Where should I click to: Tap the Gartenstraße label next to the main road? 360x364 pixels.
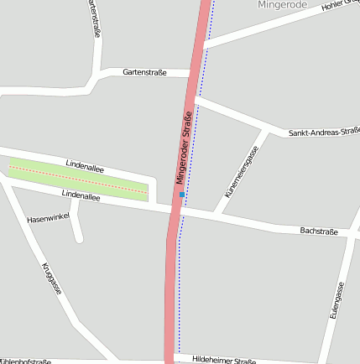point(144,73)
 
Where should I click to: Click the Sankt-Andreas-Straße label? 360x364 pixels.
point(324,132)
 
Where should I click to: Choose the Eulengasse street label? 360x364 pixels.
point(337,303)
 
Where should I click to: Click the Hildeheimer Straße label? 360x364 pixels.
point(223,360)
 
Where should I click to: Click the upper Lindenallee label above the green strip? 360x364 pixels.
point(84,168)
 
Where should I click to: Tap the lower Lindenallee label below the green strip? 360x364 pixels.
point(81,198)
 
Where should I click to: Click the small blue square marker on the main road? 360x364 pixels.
point(181,195)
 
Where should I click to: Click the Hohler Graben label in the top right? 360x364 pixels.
point(340,8)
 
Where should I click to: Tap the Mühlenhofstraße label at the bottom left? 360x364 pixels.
point(25,361)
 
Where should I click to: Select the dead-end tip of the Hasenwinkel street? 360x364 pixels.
point(79,238)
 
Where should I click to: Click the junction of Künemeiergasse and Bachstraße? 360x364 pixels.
point(217,215)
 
